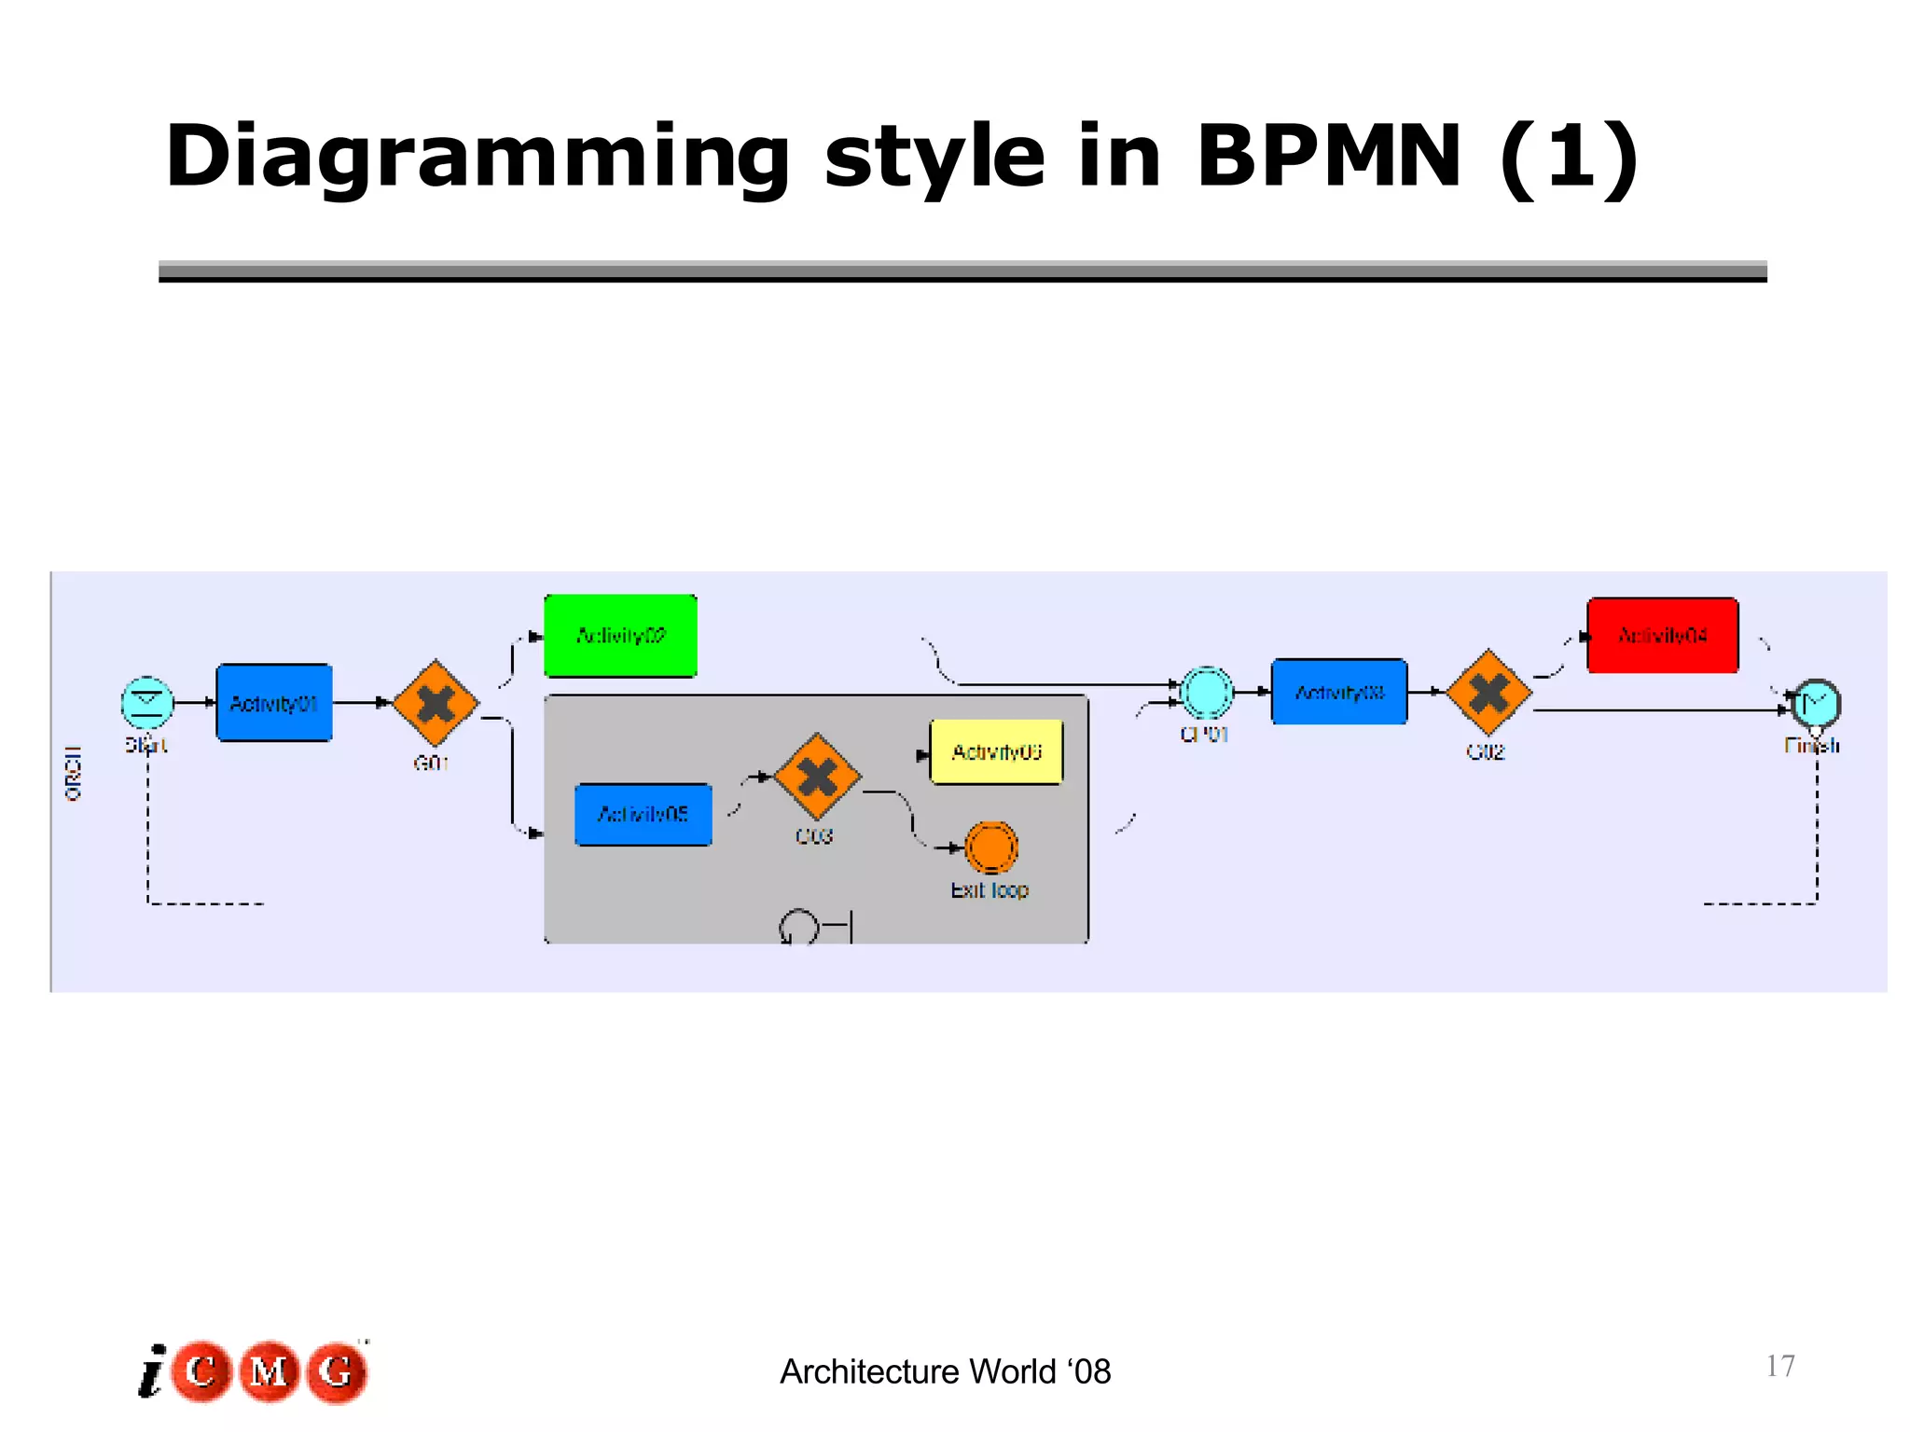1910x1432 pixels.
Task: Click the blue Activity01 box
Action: click(274, 703)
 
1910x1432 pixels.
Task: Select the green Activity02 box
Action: click(620, 636)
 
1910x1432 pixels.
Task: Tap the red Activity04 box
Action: click(1663, 636)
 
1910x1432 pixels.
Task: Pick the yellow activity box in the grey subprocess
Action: click(996, 751)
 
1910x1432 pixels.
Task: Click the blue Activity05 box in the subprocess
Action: click(643, 815)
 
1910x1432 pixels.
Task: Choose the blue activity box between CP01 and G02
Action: click(1339, 692)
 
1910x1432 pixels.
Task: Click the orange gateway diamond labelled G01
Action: click(436, 703)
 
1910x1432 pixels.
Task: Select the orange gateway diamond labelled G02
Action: click(1488, 693)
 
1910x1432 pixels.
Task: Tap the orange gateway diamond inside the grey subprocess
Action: click(817, 777)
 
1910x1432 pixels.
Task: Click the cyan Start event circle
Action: click(147, 702)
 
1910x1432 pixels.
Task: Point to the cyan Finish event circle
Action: click(1816, 703)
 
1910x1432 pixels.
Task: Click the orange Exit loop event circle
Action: click(990, 847)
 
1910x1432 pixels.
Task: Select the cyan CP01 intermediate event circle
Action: click(1207, 693)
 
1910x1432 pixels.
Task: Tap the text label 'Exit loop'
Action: click(990, 890)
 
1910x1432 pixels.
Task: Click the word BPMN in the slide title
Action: click(1328, 157)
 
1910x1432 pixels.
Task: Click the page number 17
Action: click(1779, 1366)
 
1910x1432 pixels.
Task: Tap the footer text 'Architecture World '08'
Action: click(945, 1371)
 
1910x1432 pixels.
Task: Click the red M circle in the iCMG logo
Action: click(270, 1371)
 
